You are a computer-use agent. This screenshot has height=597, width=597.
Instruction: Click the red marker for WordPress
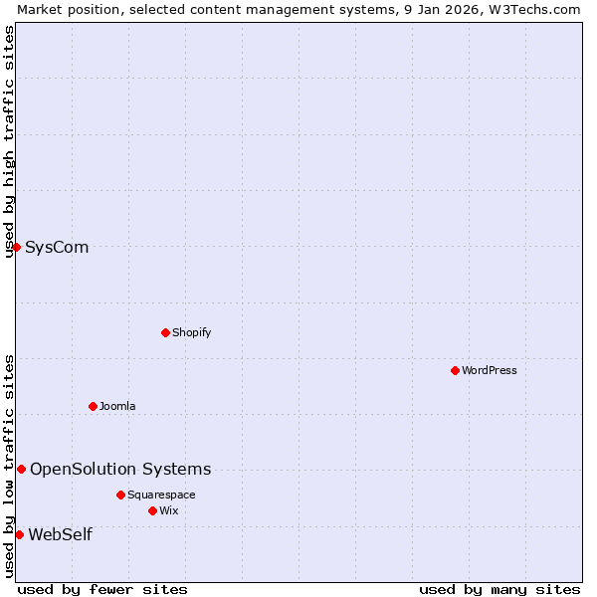(x=455, y=370)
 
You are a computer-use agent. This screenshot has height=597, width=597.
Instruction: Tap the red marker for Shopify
(x=165, y=332)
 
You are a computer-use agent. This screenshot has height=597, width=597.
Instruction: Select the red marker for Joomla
(x=93, y=406)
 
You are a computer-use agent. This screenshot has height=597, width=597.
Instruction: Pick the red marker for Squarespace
(x=120, y=495)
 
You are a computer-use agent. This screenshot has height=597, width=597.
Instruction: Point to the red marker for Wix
(x=152, y=510)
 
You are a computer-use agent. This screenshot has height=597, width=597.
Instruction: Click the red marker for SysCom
(x=17, y=247)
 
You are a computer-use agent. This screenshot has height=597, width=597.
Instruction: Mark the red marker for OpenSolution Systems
(x=21, y=469)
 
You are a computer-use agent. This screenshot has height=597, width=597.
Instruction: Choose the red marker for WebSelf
(x=19, y=534)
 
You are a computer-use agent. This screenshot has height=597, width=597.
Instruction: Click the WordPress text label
(x=490, y=370)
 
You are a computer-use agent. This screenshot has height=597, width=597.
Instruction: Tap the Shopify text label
(x=191, y=332)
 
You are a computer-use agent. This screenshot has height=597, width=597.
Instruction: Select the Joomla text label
(x=117, y=406)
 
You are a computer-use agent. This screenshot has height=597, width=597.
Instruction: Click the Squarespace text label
(x=161, y=495)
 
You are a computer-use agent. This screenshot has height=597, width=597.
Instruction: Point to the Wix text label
(x=169, y=510)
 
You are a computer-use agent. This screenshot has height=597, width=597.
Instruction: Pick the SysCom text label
(x=57, y=247)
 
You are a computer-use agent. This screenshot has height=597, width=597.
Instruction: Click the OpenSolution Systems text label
(x=120, y=469)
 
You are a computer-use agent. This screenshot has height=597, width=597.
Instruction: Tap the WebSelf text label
(x=60, y=534)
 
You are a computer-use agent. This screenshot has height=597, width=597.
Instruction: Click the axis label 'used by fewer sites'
(x=102, y=589)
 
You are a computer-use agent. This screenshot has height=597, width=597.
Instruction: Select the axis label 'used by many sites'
(x=499, y=589)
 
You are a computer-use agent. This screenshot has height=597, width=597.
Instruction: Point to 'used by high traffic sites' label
(x=9, y=141)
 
